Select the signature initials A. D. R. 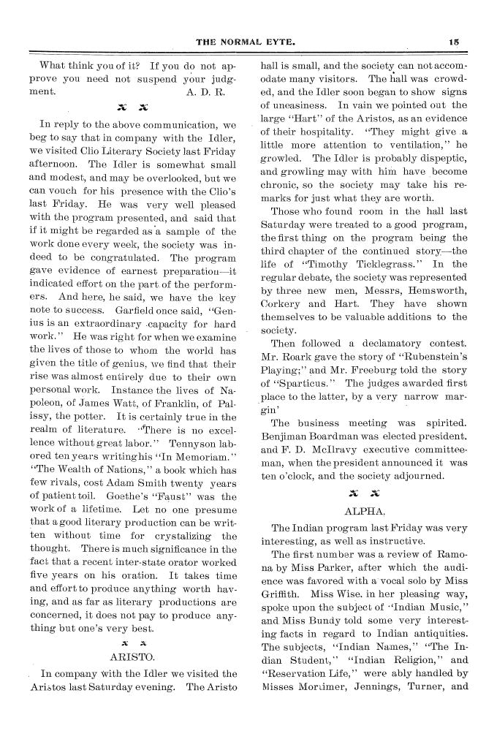205,93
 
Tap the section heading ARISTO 129,656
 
